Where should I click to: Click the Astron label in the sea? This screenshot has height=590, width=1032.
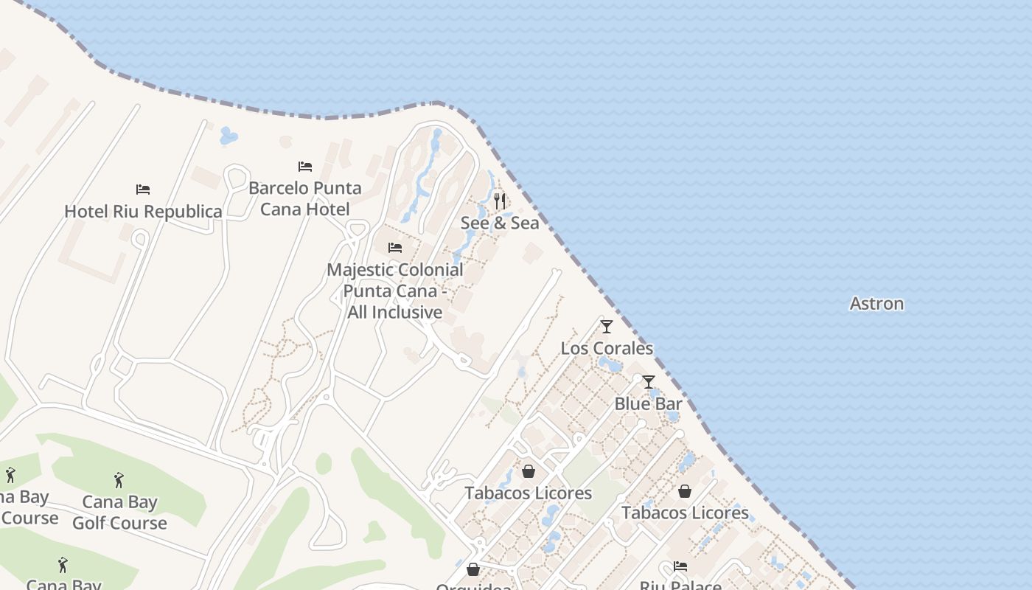876,303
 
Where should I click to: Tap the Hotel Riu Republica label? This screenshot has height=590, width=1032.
143,212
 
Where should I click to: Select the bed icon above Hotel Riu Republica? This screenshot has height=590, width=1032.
143,190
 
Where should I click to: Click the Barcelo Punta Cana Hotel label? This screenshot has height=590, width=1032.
305,198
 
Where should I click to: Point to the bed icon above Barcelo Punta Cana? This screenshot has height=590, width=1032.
305,167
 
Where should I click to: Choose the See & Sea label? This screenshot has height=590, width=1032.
500,223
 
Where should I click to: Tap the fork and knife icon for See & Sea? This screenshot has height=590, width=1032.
500,201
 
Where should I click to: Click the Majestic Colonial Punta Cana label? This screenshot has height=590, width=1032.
395,291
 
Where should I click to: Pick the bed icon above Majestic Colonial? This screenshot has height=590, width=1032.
395,248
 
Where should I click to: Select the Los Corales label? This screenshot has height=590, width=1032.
607,348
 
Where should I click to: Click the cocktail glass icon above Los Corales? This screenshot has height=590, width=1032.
607,327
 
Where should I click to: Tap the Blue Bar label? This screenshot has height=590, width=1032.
648,403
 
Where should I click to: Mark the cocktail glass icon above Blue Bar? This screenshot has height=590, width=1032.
649,382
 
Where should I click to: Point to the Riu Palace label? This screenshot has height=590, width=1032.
680,585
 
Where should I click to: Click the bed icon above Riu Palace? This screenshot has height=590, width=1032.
680,566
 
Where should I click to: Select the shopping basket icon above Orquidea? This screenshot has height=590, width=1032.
473,569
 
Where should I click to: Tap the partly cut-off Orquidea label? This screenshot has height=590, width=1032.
473,586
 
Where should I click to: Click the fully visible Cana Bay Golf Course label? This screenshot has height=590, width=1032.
119,513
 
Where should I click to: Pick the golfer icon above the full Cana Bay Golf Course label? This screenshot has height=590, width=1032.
119,481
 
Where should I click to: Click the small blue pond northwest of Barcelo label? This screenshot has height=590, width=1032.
229,136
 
